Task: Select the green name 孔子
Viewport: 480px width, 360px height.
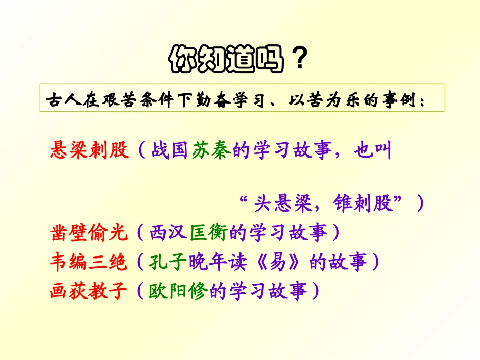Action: [168, 262]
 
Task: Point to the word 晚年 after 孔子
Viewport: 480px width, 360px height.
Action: [209, 262]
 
